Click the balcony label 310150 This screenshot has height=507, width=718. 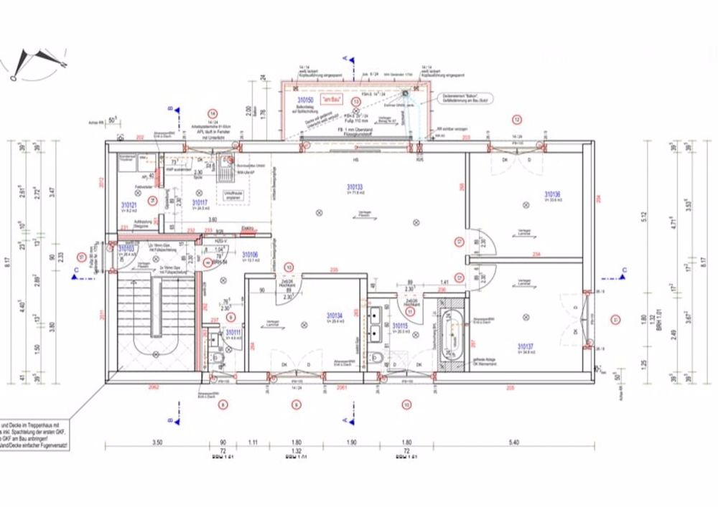click(x=307, y=100)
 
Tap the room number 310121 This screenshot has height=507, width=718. click(x=129, y=204)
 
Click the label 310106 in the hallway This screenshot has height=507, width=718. click(x=250, y=255)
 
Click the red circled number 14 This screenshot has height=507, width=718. click(x=212, y=113)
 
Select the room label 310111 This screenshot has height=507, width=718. click(x=233, y=333)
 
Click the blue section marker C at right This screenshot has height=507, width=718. click(x=624, y=270)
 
